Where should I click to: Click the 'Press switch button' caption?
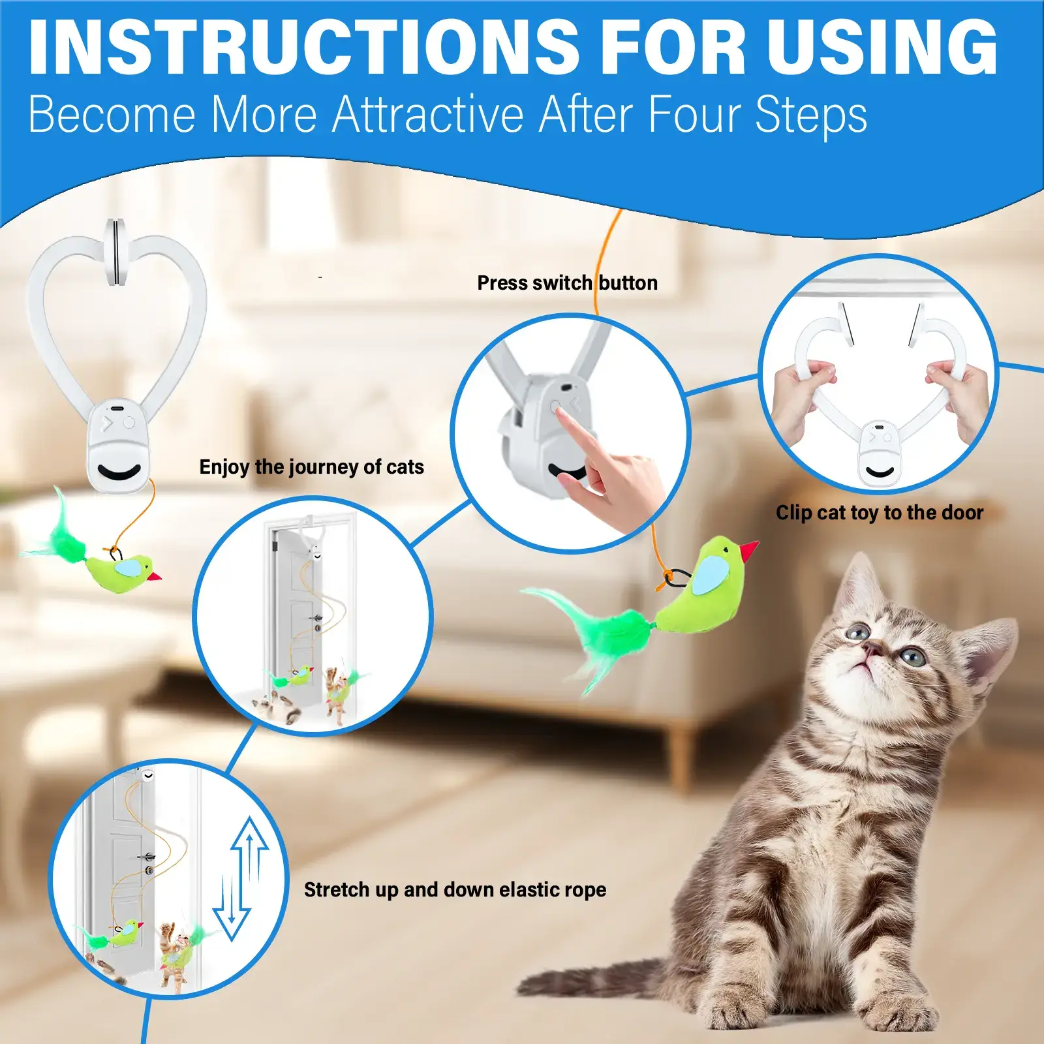[x=566, y=283]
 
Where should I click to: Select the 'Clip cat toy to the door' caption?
[x=879, y=513]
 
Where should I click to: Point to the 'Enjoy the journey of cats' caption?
[x=311, y=467]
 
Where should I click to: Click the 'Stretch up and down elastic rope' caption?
[x=455, y=889]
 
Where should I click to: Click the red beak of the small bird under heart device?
[x=155, y=577]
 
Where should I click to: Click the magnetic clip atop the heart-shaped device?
[x=115, y=253]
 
